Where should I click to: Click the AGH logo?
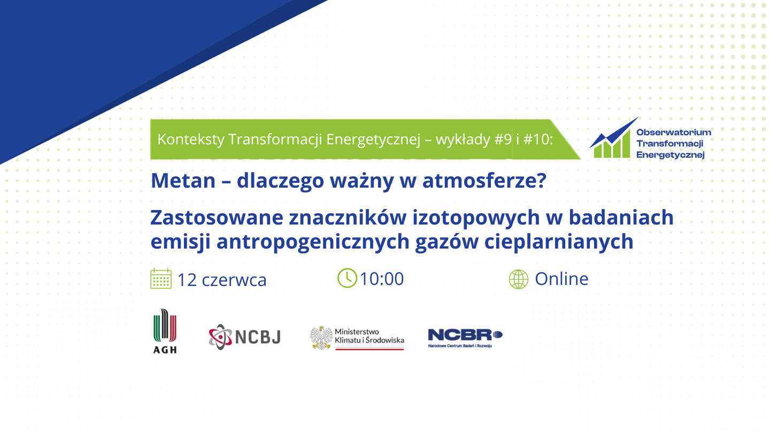(x=165, y=331)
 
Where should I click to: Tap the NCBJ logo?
(x=245, y=337)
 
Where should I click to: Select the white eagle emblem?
(x=321, y=338)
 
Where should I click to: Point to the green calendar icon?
(x=161, y=279)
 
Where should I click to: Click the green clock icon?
(x=347, y=278)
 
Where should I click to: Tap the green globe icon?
(x=518, y=279)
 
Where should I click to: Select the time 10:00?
(x=382, y=279)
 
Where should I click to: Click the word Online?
(x=561, y=279)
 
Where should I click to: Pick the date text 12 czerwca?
(x=222, y=280)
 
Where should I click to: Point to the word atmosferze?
(x=484, y=181)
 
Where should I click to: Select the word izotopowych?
(x=476, y=218)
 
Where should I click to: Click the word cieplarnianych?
(x=559, y=242)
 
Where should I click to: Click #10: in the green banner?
(x=538, y=140)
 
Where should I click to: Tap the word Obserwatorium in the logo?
(x=674, y=133)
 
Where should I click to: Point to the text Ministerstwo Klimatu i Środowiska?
(x=369, y=336)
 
